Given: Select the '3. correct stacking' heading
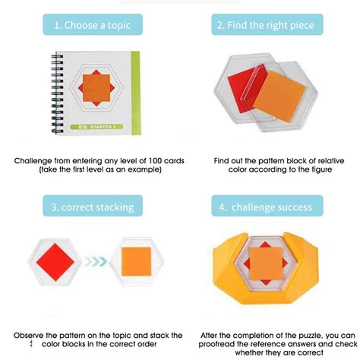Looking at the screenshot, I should (x=90, y=206).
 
